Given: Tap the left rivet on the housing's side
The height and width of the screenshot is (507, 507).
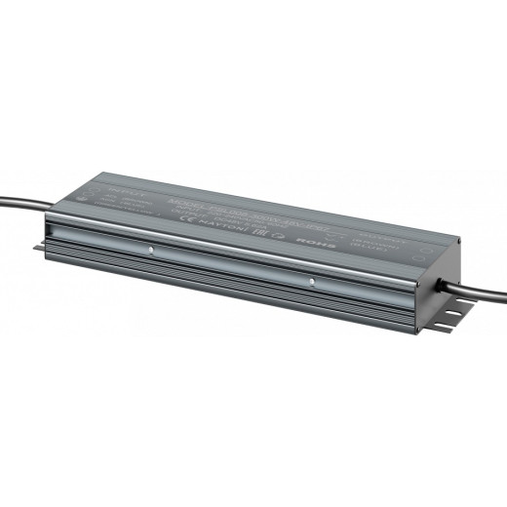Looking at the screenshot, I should point(151,249).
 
